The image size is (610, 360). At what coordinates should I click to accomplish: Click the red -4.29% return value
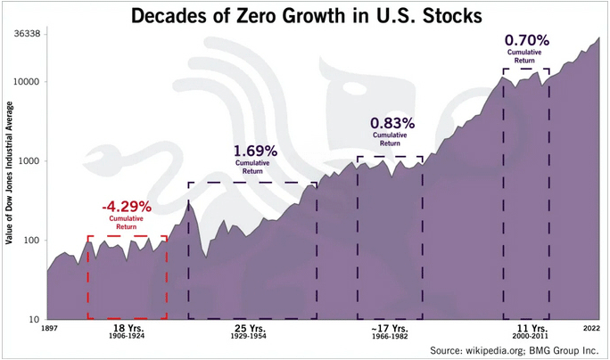point(127,206)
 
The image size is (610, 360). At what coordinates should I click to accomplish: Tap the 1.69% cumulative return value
point(255,151)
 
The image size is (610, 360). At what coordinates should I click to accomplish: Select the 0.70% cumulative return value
point(526,40)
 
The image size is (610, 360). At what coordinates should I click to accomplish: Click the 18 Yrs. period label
point(125,330)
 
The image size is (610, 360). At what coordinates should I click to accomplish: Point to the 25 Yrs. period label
point(252,330)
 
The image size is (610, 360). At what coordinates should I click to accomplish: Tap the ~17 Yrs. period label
point(389,330)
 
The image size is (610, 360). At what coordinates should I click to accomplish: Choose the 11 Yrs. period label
point(525,330)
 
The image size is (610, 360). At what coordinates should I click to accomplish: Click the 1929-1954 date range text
point(252,339)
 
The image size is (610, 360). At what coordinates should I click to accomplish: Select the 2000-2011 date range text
point(525,339)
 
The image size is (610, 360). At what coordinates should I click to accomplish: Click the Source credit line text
point(513,350)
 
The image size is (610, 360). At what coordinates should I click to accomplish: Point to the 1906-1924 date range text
point(125,339)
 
